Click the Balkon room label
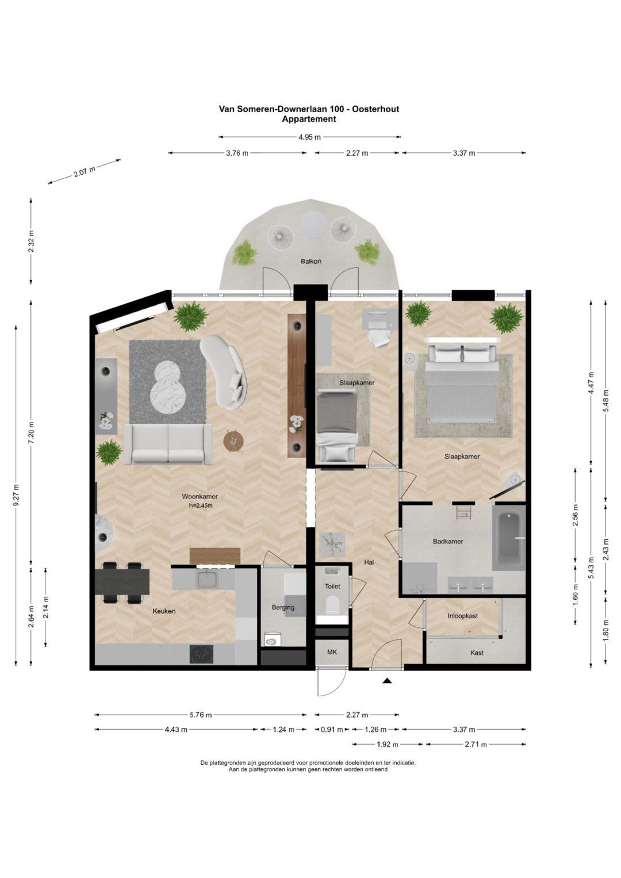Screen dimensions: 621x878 pos(311,261)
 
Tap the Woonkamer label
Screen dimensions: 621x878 pos(200,497)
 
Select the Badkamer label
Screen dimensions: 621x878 pos(448,541)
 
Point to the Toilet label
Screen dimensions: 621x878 pos(332,586)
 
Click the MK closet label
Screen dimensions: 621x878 pos(332,652)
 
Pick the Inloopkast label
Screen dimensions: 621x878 pos(463,616)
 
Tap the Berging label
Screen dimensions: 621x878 pos(283,608)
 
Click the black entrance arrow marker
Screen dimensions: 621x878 pos(388,681)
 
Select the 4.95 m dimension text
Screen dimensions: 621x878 pos(310,137)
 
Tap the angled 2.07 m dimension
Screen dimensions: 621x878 pos(84,171)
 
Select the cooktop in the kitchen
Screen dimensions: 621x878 pos(201,654)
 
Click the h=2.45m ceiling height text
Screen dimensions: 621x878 pos(200,505)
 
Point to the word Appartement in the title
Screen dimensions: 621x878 pos(309,119)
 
